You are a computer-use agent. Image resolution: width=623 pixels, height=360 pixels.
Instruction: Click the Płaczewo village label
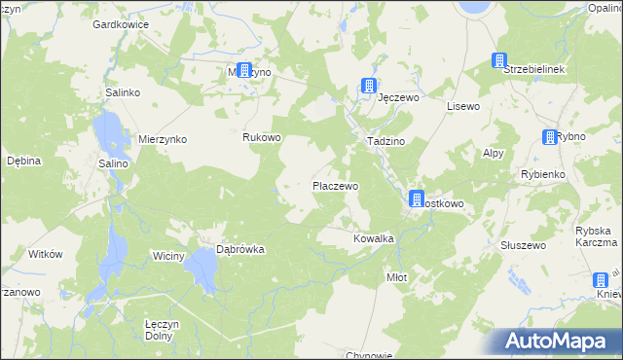335,185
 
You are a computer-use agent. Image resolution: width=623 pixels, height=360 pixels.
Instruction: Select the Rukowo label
261,137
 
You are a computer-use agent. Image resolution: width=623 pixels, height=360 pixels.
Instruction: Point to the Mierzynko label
161,139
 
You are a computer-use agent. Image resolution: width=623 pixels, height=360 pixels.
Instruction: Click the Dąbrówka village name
239,249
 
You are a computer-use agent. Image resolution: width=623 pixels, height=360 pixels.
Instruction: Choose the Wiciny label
167,255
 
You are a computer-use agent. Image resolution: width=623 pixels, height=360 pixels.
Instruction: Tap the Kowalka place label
373,237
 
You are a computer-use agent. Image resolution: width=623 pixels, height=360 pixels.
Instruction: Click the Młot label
396,277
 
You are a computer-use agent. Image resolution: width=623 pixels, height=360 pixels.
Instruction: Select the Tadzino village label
385,141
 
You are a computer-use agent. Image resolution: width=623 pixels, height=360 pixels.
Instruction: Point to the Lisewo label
463,105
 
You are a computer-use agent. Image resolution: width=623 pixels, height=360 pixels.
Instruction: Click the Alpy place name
494,153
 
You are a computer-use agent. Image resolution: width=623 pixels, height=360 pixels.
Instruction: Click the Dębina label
23,161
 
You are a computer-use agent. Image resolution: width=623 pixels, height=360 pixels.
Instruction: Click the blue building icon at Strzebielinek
500,60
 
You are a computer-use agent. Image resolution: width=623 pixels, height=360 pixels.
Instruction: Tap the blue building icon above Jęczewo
369,86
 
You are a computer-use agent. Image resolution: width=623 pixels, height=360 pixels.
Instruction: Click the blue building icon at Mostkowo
417,199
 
